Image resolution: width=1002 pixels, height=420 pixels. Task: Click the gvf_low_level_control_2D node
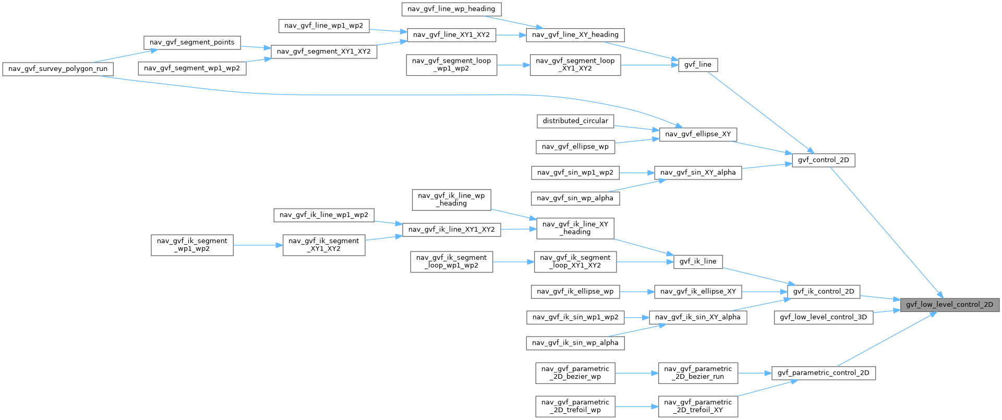[x=949, y=304]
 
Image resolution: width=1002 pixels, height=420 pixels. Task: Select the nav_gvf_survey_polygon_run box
[x=58, y=69]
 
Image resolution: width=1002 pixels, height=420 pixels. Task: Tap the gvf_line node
[x=698, y=65]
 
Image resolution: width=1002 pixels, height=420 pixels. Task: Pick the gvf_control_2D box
[x=823, y=160]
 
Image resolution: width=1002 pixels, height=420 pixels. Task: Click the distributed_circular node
[x=575, y=121]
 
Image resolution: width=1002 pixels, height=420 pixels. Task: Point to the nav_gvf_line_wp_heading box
[x=452, y=9]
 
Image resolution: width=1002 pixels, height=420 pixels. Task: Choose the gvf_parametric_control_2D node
[x=823, y=373]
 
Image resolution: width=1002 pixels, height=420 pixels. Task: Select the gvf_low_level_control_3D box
[x=823, y=317]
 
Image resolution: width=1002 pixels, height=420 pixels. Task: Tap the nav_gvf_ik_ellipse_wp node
[x=575, y=292]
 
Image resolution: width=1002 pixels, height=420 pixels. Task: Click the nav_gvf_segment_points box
[x=192, y=42]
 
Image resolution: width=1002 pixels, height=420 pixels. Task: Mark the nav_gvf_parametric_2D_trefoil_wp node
[x=575, y=406]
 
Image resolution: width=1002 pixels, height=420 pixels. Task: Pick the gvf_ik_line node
[x=698, y=261]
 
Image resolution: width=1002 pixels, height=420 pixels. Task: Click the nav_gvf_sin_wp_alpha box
[x=575, y=198]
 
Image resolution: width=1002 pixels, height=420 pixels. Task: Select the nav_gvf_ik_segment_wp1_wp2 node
[x=192, y=245]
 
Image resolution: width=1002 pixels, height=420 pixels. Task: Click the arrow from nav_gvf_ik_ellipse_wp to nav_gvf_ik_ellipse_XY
[x=637, y=292]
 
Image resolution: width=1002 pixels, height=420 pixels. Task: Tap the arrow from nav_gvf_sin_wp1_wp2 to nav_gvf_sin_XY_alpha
[x=637, y=172]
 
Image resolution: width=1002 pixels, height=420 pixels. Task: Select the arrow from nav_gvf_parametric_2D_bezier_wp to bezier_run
[x=637, y=373]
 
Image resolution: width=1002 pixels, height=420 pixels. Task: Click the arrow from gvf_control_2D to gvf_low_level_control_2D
[x=887, y=232]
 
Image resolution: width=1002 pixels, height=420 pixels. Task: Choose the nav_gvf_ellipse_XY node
[x=698, y=134]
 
